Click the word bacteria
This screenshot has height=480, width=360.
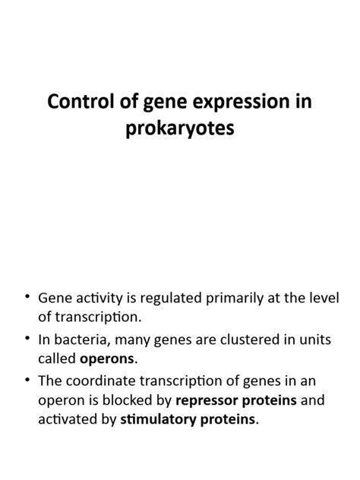click(84, 339)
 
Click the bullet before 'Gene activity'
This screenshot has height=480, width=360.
click(27, 295)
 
